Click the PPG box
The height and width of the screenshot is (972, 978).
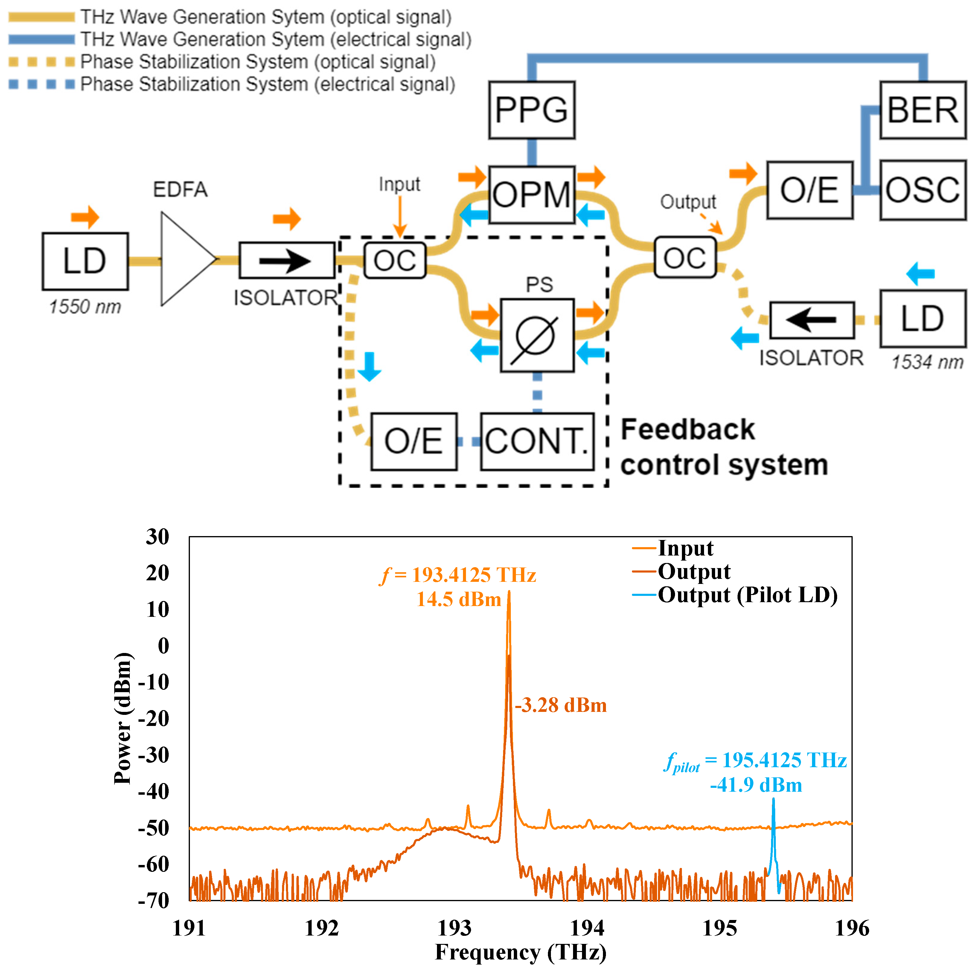tap(531, 110)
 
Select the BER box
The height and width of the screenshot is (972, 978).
tap(922, 110)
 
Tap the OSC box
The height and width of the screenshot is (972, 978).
tap(922, 190)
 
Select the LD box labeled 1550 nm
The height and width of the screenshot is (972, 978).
tap(85, 261)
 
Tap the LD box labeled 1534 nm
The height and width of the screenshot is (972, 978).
tap(922, 319)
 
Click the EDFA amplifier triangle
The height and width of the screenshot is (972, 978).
tap(185, 259)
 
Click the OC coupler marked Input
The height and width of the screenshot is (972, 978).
tap(395, 260)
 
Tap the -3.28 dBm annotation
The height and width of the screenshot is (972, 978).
tap(561, 705)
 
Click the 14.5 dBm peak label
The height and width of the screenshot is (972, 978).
tap(458, 599)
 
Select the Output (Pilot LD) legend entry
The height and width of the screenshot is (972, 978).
tap(747, 595)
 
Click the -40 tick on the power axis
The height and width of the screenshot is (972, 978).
tap(154, 791)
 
